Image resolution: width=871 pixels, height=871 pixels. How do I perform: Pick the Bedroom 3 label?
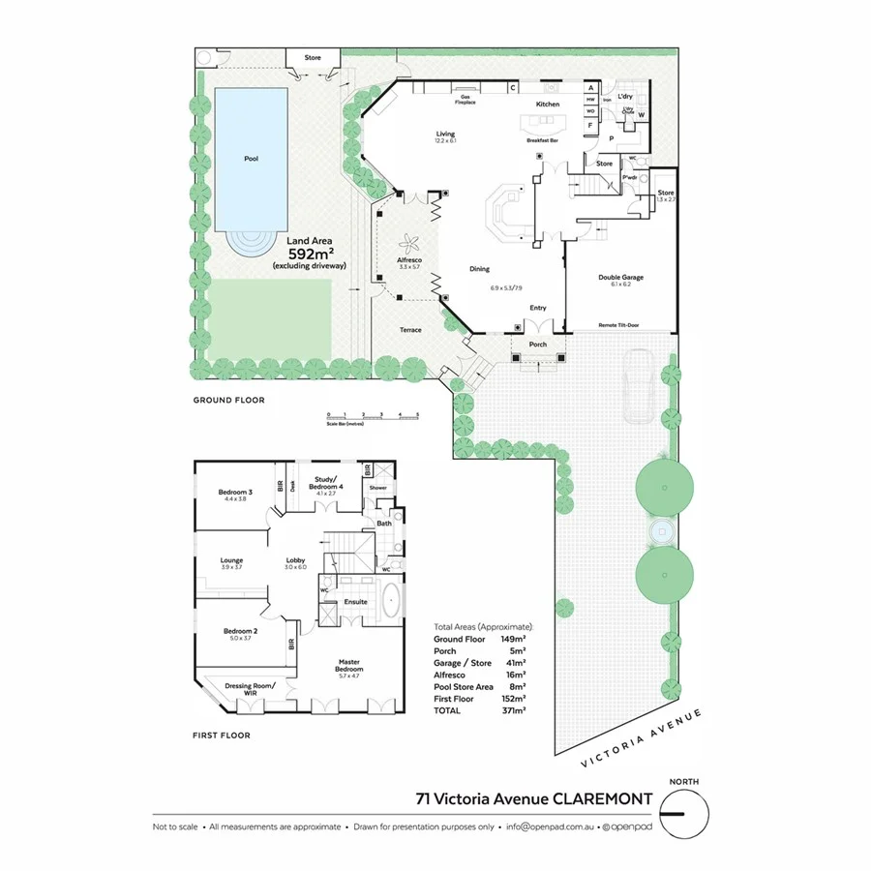pyautogui.click(x=235, y=496)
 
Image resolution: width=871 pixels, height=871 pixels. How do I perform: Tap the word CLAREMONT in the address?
pyautogui.click(x=592, y=799)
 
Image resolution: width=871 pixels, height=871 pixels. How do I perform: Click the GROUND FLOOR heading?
pyautogui.click(x=228, y=400)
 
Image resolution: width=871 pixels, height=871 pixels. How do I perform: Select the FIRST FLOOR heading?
pyautogui.click(x=222, y=736)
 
